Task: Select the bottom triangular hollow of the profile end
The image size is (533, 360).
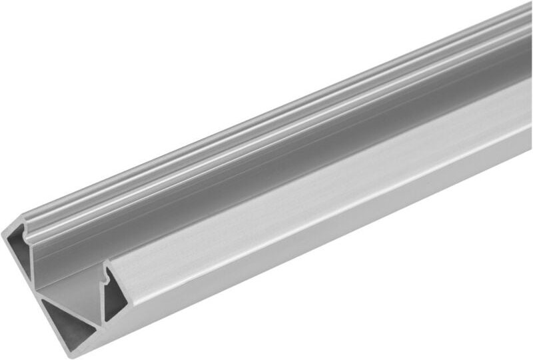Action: [x=65, y=324]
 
